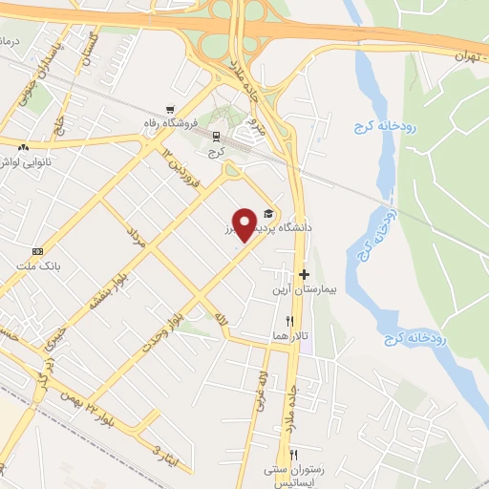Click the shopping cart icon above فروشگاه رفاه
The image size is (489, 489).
[170, 108]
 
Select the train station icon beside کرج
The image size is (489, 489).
[216, 137]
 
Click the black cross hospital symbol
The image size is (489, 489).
[304, 274]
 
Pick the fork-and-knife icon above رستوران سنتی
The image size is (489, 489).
[295, 454]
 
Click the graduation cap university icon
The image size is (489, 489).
[269, 212]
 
